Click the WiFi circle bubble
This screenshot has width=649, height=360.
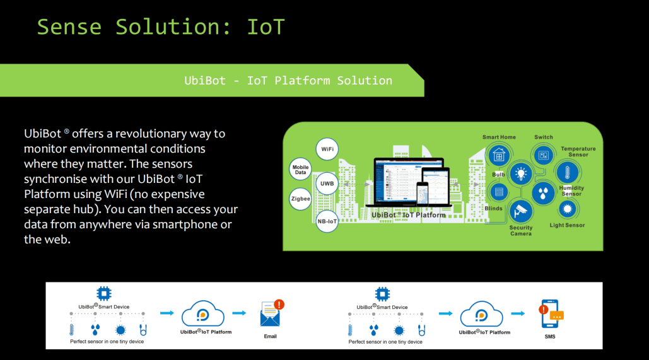pos(327,149)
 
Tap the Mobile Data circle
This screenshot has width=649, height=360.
pos(300,169)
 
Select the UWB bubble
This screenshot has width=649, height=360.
pos(327,183)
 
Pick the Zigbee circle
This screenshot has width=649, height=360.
pos(300,199)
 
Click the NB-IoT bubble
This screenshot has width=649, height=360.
pos(327,221)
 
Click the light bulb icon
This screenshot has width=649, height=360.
pos(520,173)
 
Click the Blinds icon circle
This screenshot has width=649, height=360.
pos(499,192)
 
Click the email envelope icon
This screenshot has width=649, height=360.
pos(271,314)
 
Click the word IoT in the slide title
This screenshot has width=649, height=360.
pos(266,27)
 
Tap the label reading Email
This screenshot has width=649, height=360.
pos(270,336)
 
